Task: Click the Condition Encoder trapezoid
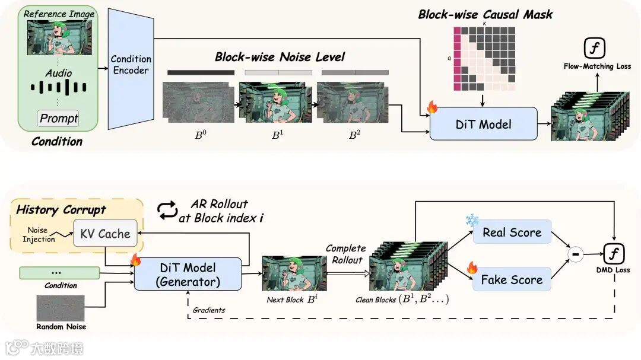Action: pyautogui.click(x=131, y=69)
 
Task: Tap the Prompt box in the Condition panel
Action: pyautogui.click(x=58, y=119)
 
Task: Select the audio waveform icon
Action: pyautogui.click(x=58, y=87)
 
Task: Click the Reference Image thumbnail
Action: pyautogui.click(x=59, y=37)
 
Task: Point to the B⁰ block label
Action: pyautogui.click(x=201, y=135)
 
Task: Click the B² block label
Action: pyautogui.click(x=354, y=135)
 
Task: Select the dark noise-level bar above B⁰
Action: pyautogui.click(x=201, y=73)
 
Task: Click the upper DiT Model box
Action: pyautogui.click(x=484, y=124)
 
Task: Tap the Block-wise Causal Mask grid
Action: pyautogui.click(x=484, y=59)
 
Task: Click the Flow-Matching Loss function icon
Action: pyautogui.click(x=594, y=48)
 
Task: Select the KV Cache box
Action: pyautogui.click(x=105, y=233)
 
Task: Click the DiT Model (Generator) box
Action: pyautogui.click(x=188, y=274)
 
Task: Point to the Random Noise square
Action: pyautogui.click(x=61, y=308)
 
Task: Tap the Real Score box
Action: pyautogui.click(x=512, y=232)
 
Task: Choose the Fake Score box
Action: pyautogui.click(x=512, y=279)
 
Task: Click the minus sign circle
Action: pyautogui.click(x=576, y=254)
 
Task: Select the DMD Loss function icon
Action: pyautogui.click(x=614, y=254)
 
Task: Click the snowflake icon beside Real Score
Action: pyautogui.click(x=472, y=220)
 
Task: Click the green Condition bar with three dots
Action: pyautogui.click(x=59, y=273)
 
